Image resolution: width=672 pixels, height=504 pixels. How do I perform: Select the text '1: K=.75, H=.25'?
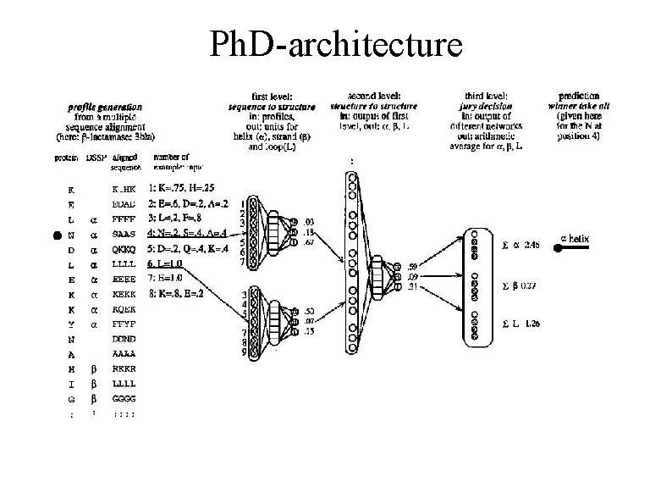186,189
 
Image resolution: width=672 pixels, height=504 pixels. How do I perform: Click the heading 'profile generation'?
106,107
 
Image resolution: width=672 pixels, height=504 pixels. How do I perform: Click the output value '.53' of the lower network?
311,311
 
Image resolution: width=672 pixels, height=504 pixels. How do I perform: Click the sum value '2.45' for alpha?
532,244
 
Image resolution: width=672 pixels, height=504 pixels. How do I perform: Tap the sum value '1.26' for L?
532,324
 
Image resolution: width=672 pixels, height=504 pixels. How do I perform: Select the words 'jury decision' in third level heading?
493,108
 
